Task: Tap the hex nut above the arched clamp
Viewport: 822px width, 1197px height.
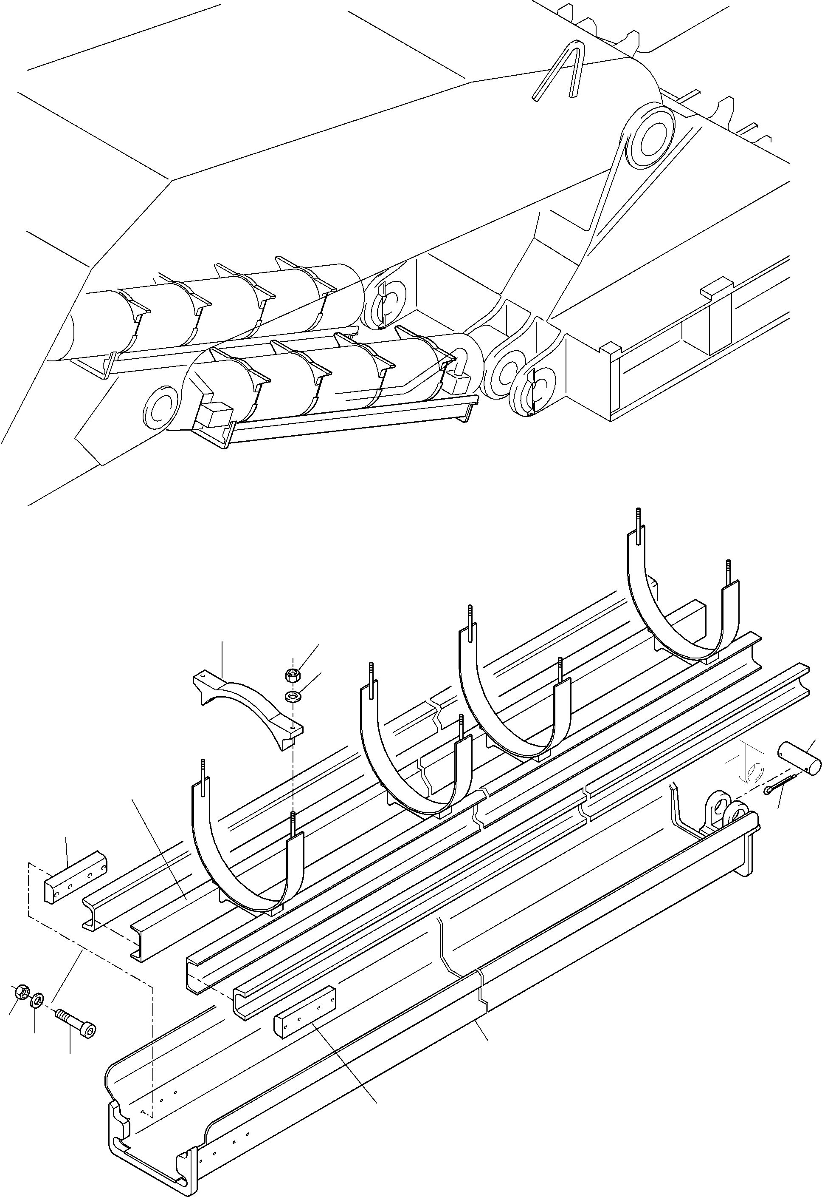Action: click(x=292, y=674)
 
